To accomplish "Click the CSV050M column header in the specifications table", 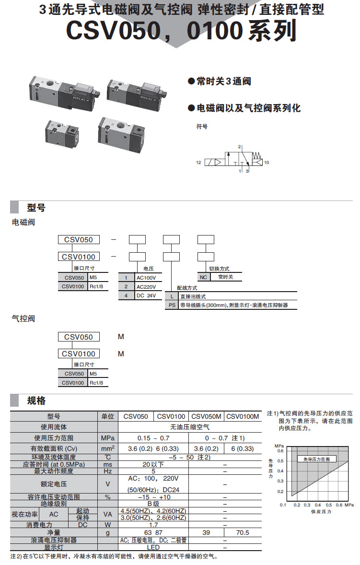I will click(x=207, y=416).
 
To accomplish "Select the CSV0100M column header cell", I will click(x=243, y=416).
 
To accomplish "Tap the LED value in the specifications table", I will click(x=153, y=547).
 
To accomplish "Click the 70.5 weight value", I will click(x=243, y=532).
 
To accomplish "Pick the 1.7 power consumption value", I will click(x=153, y=525).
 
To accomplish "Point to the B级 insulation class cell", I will click(x=153, y=504).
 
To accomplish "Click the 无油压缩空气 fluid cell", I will click(x=189, y=426).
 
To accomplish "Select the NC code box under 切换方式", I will click(x=203, y=277).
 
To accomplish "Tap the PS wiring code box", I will click(x=172, y=305).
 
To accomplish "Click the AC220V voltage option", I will click(x=146, y=286).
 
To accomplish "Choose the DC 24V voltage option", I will click(x=146, y=295).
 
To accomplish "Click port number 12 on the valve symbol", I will click(x=198, y=163).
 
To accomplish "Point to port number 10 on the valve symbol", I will click(x=267, y=163).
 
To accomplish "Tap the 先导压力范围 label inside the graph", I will click(x=317, y=459).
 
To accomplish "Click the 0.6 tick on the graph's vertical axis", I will click(x=280, y=451).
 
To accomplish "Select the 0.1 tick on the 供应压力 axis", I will click(x=283, y=505).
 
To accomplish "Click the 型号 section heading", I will click(x=36, y=208).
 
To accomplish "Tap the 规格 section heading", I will click(x=36, y=401).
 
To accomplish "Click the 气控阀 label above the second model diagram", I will click(x=23, y=318).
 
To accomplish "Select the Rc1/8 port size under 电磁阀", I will click(x=97, y=286).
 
